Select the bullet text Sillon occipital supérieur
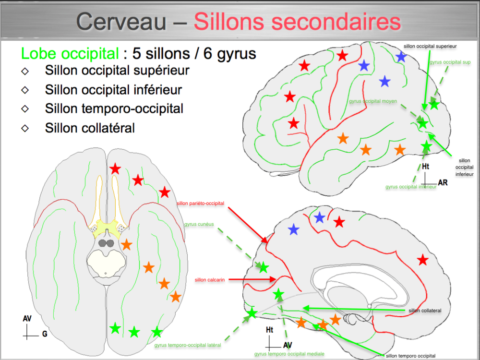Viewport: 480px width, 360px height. (x=117, y=71)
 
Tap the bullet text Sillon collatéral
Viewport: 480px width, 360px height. (x=90, y=128)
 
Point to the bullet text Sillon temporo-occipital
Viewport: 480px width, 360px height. (x=114, y=109)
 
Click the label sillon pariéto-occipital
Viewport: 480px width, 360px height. (x=201, y=204)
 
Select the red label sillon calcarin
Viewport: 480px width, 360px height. (x=210, y=279)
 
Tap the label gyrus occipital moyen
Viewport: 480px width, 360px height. (x=373, y=101)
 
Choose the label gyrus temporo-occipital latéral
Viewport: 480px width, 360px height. (x=188, y=345)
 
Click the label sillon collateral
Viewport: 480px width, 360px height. (x=425, y=311)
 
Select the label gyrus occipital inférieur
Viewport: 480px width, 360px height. (x=410, y=186)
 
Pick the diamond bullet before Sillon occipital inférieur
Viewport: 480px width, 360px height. (x=25, y=90)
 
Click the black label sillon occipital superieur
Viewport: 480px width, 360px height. (x=430, y=46)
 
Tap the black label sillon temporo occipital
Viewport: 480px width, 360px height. (x=410, y=356)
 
